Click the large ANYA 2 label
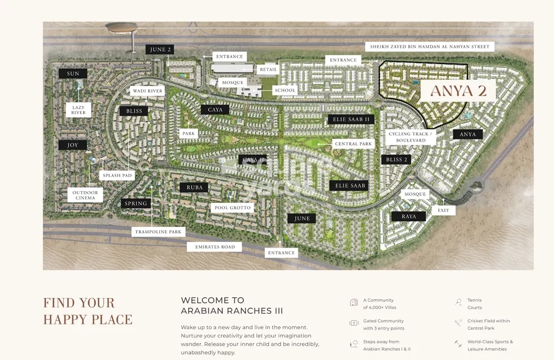pyautogui.click(x=458, y=91)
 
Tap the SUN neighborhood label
pyautogui.click(x=73, y=73)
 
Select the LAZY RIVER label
pyautogui.click(x=78, y=110)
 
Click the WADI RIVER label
pyautogui.click(x=148, y=91)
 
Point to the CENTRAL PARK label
pyautogui.click(x=353, y=144)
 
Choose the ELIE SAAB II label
pyautogui.click(x=351, y=119)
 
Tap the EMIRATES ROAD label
pyautogui.click(x=215, y=247)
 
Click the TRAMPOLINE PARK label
pyautogui.click(x=158, y=232)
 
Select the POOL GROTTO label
pyautogui.click(x=232, y=208)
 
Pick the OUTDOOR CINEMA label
pyautogui.click(x=85, y=195)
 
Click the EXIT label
pyautogui.click(x=443, y=210)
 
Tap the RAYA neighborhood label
pyautogui.click(x=409, y=216)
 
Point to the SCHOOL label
pyautogui.click(x=285, y=91)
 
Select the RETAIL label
pyautogui.click(x=268, y=69)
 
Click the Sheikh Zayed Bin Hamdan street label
pyautogui.click(x=429, y=47)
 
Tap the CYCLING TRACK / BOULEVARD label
pyautogui.click(x=411, y=137)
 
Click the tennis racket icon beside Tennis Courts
pyautogui.click(x=458, y=302)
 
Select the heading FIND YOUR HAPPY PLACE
pyautogui.click(x=88, y=311)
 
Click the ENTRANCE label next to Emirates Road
pyautogui.click(x=281, y=253)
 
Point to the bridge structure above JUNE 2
pyautogui.click(x=121, y=27)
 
